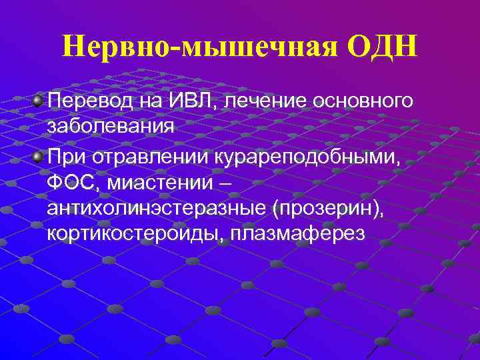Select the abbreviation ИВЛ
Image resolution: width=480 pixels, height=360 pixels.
[193, 101]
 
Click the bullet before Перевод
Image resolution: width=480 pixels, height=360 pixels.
[38, 101]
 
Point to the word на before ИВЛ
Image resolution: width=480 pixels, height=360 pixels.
[150, 101]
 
